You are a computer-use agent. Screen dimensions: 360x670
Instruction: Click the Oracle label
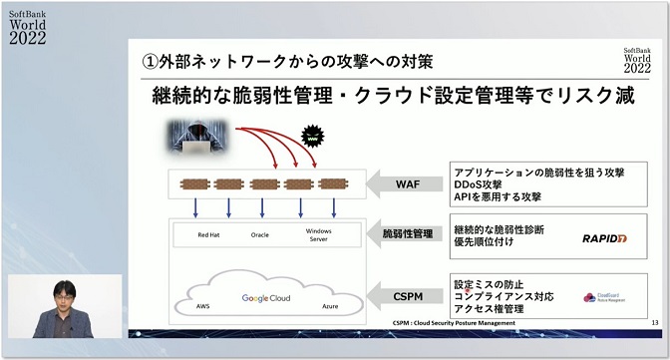click(x=260, y=235)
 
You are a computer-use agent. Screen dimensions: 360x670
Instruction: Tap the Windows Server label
click(x=318, y=235)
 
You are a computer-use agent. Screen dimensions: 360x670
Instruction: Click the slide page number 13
click(x=654, y=322)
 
